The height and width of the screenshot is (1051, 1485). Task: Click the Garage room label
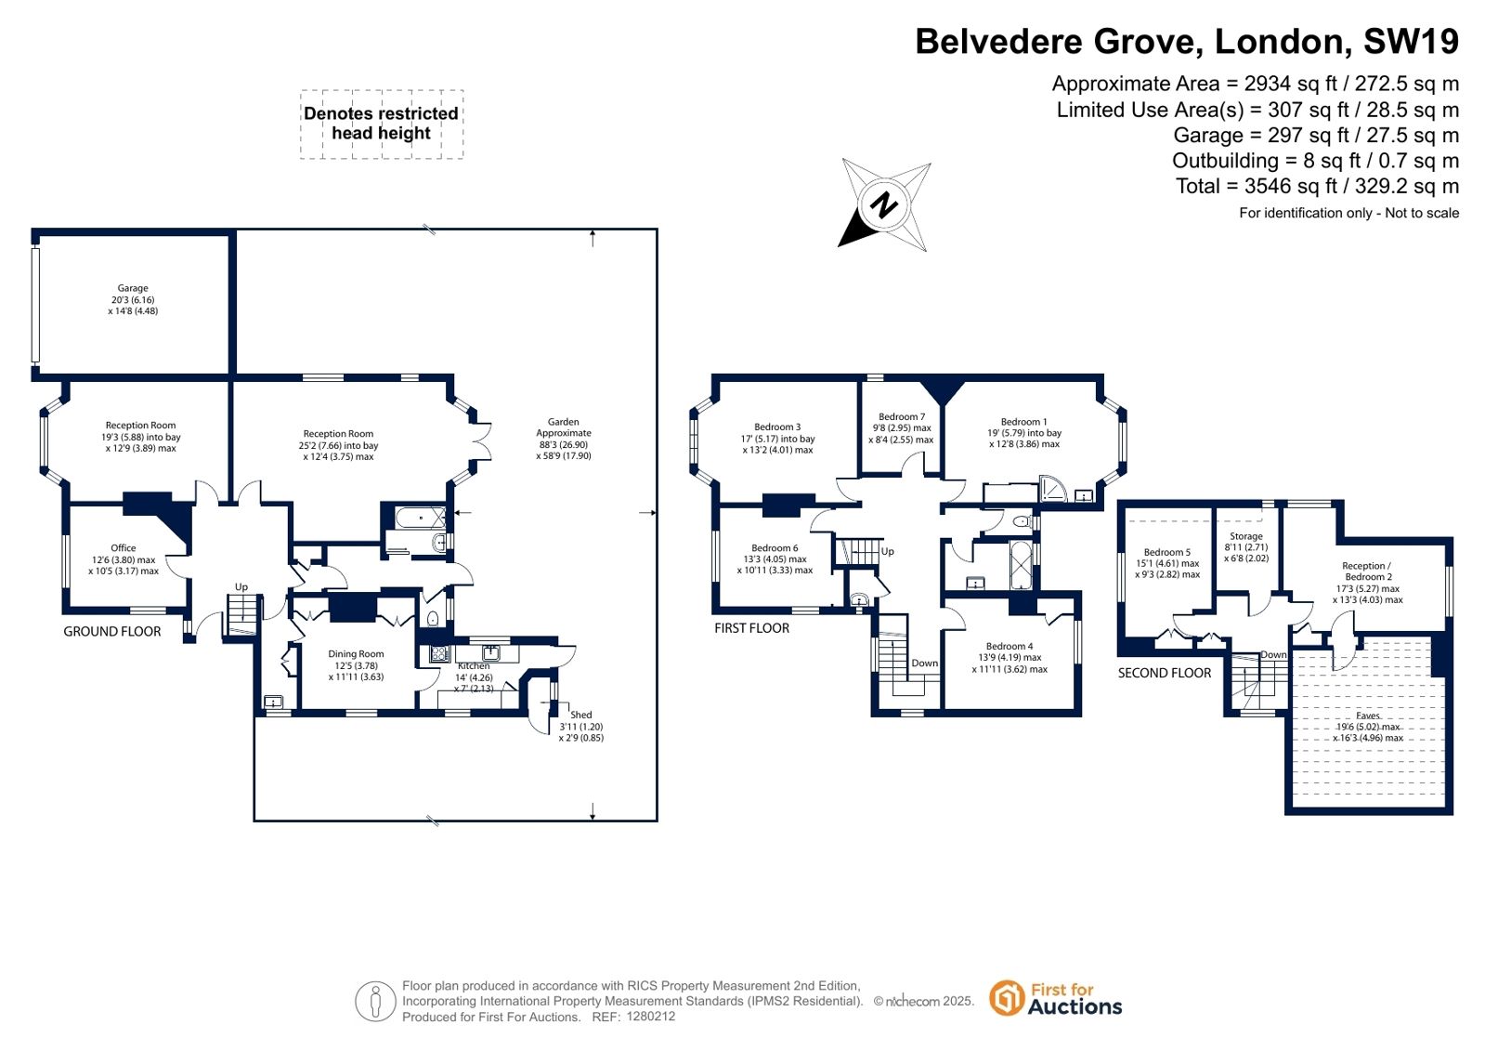133,288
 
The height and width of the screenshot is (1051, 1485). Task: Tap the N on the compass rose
884,205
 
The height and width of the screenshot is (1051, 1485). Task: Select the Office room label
124,548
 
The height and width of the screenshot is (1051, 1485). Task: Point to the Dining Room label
356,653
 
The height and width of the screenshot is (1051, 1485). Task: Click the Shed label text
580,715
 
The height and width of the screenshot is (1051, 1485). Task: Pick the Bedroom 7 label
902,416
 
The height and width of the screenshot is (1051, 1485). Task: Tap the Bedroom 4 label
1010,646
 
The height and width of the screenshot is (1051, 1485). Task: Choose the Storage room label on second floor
1246,536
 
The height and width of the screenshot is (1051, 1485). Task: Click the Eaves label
1368,716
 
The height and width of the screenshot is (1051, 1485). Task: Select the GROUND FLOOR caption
112,632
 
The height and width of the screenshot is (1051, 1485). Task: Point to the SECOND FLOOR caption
1165,673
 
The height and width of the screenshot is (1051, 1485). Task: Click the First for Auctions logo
1056,999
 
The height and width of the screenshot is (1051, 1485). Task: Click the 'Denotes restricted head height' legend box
381,125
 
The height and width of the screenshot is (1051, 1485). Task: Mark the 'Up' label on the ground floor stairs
241,587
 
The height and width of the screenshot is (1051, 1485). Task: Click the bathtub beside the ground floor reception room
421,518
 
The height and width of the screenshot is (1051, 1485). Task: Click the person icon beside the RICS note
375,1001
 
